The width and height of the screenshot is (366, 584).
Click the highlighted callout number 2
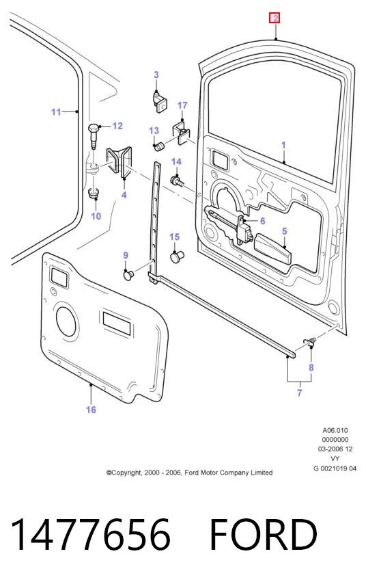pyautogui.click(x=274, y=18)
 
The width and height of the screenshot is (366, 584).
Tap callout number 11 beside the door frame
pyautogui.click(x=56, y=111)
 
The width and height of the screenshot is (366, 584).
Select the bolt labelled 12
pyautogui.click(x=93, y=136)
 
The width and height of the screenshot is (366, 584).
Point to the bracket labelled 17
pyautogui.click(x=181, y=131)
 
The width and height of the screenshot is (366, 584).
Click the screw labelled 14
pyautogui.click(x=176, y=181)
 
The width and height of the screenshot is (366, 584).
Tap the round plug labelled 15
pyautogui.click(x=177, y=256)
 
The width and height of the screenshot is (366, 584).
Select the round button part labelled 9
pyautogui.click(x=128, y=275)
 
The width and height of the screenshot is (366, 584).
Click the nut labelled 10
pyautogui.click(x=94, y=194)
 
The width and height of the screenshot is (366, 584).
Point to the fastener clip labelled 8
pyautogui.click(x=309, y=341)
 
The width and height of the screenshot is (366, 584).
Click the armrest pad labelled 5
pyautogui.click(x=272, y=250)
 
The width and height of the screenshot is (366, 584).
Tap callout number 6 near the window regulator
pyautogui.click(x=263, y=221)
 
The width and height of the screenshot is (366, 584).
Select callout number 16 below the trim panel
pyautogui.click(x=91, y=410)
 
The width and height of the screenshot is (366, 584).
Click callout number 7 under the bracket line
pyautogui.click(x=299, y=393)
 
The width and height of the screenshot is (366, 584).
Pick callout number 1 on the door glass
pyautogui.click(x=283, y=145)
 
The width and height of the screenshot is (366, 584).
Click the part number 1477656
pyautogui.click(x=90, y=534)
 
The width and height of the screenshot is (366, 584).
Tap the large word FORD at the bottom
pyautogui.click(x=264, y=534)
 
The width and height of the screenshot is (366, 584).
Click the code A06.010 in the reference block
pyautogui.click(x=335, y=430)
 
